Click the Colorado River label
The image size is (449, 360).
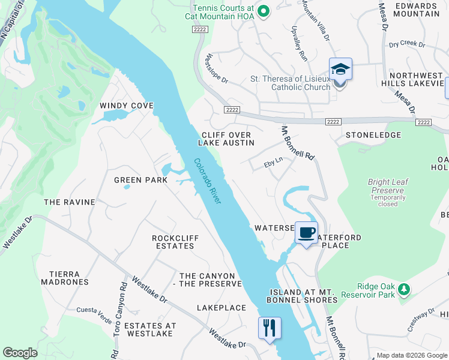tap(208, 181)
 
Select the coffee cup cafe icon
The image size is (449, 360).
tap(306, 233)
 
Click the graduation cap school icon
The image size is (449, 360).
tap(340, 70)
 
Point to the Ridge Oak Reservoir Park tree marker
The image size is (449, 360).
tap(405, 290)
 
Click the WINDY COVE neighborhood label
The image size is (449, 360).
tap(127, 106)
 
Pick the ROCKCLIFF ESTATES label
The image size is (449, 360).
tap(175, 242)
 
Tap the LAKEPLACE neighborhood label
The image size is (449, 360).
tap(221, 308)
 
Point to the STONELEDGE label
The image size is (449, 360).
tap(373, 135)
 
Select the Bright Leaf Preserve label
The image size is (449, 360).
tap(388, 185)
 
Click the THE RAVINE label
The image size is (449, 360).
tap(70, 202)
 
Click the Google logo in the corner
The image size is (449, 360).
tap(20, 353)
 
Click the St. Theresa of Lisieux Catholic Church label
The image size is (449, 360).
tap(290, 83)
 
